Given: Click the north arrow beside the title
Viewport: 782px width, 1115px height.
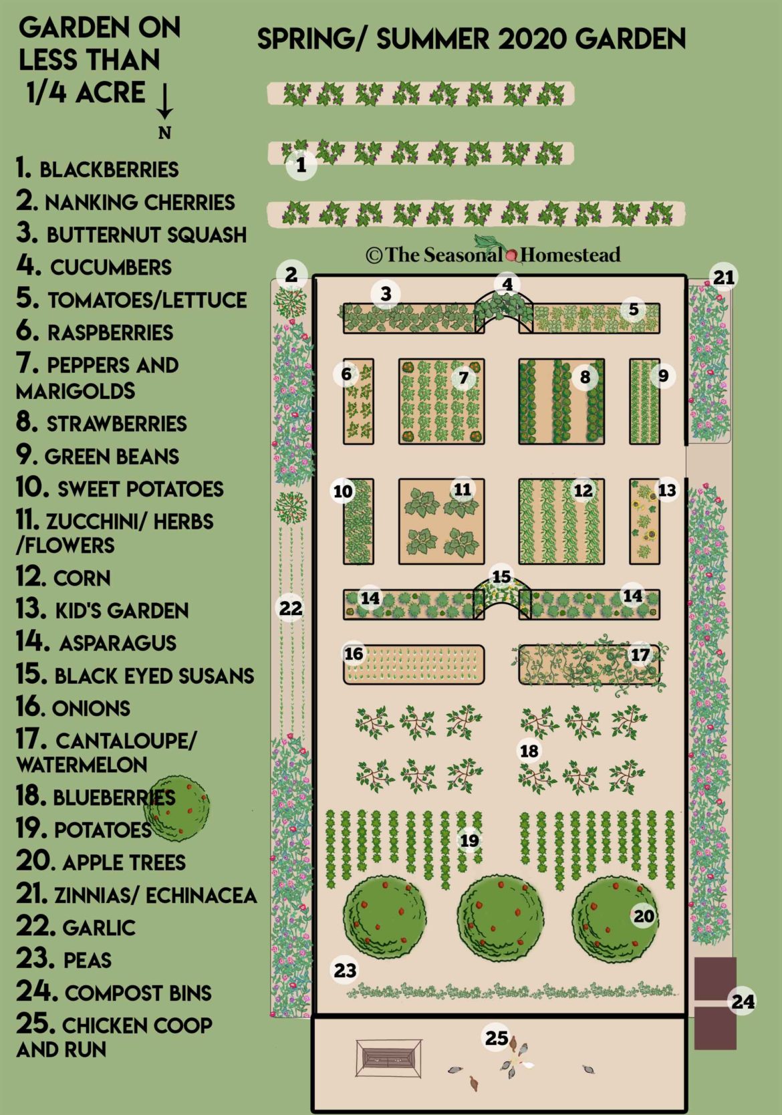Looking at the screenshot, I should tap(164, 107).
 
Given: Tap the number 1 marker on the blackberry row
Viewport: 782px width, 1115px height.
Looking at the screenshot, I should tap(301, 164).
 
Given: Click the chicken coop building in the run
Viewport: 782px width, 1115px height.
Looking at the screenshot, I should tap(388, 1058).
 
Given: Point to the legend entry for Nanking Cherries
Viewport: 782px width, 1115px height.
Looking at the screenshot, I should tap(126, 202).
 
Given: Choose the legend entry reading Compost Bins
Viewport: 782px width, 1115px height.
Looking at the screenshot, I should tap(114, 993).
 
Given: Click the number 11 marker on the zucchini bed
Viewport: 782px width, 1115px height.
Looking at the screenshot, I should tap(463, 490).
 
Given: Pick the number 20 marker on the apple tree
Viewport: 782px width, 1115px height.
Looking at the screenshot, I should tap(644, 916).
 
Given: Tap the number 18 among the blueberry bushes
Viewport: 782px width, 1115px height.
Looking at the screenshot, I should tap(529, 751).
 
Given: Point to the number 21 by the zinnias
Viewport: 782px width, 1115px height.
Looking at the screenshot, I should tap(724, 277).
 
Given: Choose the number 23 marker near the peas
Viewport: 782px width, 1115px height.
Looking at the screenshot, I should tap(345, 970).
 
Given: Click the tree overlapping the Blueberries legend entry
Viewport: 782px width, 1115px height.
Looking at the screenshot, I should tap(176, 808).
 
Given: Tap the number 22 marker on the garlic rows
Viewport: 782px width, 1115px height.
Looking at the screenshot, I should tap(291, 608).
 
